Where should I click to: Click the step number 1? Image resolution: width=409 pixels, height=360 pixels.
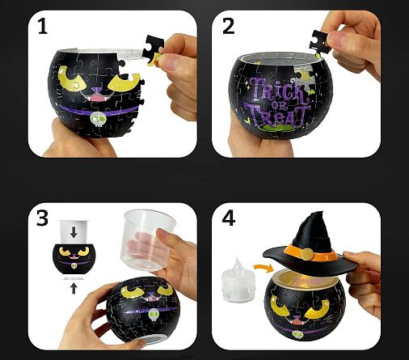42,27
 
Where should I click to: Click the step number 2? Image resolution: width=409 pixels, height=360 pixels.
229,27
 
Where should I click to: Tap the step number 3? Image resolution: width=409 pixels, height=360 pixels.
42,218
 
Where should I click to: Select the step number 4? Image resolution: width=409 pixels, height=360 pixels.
229,218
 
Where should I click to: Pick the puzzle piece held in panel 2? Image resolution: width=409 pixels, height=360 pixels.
319,41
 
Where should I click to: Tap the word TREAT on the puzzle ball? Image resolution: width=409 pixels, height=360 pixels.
277,114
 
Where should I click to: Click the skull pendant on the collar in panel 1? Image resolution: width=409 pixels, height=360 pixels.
97,120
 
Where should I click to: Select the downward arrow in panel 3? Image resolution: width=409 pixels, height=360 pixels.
74,232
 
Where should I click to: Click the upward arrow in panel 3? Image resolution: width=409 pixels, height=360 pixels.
74,288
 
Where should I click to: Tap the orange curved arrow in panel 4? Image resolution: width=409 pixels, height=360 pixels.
264,267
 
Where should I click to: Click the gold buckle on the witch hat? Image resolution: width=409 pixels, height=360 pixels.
307,254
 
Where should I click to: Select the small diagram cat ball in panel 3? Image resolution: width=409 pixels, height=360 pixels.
74,259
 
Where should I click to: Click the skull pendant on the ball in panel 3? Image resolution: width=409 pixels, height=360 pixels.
154,315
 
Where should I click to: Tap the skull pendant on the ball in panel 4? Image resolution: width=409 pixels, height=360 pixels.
297,335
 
